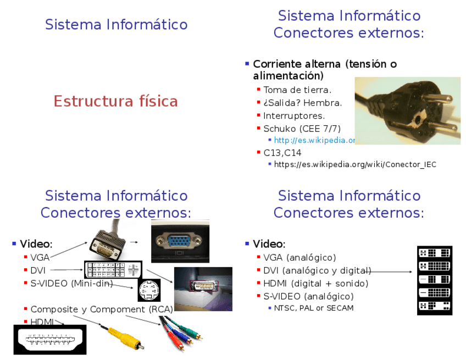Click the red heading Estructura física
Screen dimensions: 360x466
(115, 102)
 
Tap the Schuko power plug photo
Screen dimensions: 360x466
(407, 110)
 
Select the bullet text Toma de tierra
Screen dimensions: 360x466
(297, 90)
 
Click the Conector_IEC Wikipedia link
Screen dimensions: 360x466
(355, 164)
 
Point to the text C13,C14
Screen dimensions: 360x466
(282, 153)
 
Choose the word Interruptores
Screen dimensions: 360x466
(294, 115)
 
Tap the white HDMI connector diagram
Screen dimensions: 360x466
(49, 339)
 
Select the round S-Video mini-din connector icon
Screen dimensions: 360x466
(148, 290)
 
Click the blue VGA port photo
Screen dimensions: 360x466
(180, 241)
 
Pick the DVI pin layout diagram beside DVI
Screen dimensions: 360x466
(113, 269)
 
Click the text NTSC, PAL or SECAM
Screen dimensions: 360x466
(314, 308)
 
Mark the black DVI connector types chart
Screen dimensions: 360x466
(434, 280)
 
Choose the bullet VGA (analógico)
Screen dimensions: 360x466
(299, 257)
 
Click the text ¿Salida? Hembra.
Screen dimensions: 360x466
(302, 103)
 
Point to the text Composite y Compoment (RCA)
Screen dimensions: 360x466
(101, 309)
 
